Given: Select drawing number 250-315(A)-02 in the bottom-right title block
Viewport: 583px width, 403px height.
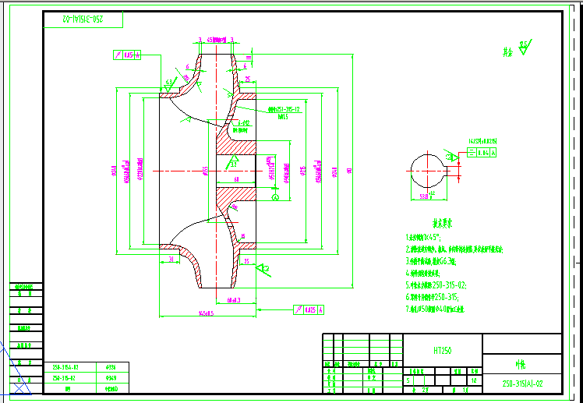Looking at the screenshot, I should (523, 384).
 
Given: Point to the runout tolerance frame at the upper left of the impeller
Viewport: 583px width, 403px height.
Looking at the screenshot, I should (126, 55).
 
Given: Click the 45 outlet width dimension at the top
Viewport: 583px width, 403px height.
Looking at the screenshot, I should (211, 39).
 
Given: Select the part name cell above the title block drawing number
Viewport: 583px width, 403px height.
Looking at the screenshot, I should (521, 363).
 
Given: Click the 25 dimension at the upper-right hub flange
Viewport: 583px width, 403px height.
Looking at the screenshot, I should (247, 80).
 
